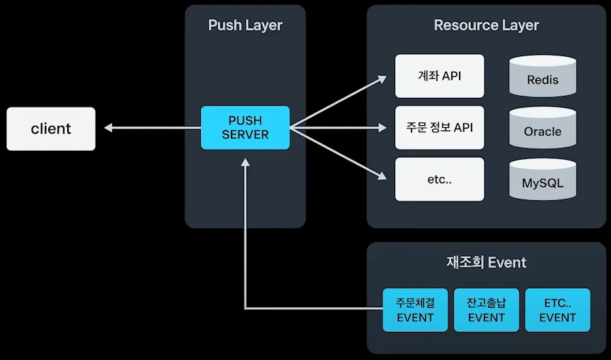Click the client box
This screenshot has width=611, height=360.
(x=51, y=128)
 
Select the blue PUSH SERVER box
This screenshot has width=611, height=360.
(x=245, y=127)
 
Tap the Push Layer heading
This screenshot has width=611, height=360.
(x=245, y=25)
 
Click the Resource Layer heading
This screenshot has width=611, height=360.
(x=486, y=25)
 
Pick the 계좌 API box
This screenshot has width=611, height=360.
(x=440, y=76)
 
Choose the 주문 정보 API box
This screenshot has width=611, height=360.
(x=440, y=127)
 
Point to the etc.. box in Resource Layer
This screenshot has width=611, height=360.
(x=440, y=179)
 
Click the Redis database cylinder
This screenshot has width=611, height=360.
(x=543, y=76)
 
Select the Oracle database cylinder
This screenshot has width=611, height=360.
(x=543, y=127)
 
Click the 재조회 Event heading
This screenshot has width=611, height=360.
(x=486, y=263)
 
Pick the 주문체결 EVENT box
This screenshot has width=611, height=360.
(x=415, y=310)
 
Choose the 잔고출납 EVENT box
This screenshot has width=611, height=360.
(x=486, y=310)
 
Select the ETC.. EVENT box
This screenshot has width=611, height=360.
(x=558, y=310)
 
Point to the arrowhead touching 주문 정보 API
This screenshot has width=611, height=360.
(x=383, y=128)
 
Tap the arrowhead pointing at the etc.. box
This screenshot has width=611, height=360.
(x=383, y=175)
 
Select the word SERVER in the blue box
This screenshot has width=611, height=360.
(x=245, y=134)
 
